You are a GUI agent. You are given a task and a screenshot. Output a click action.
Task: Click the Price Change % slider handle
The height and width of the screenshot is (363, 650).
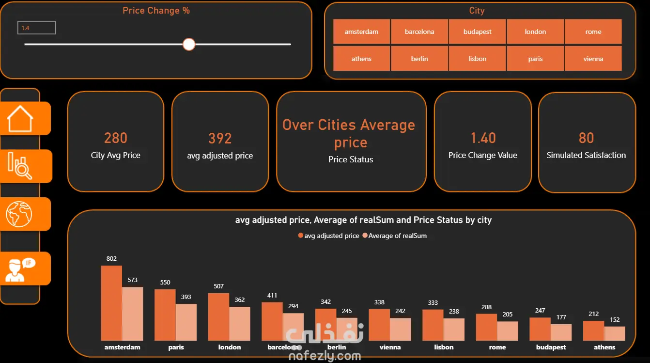(x=189, y=45)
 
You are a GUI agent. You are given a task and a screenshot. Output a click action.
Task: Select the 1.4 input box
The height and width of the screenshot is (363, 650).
(x=36, y=28)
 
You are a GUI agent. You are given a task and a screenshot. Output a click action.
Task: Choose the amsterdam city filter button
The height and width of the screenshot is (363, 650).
(x=361, y=32)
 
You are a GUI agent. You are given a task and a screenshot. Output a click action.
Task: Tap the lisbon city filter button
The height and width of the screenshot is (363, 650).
(x=478, y=59)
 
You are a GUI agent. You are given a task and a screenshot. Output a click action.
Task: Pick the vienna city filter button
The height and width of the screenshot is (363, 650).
(x=593, y=59)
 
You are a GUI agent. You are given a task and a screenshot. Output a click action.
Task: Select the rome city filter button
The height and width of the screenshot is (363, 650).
(x=593, y=32)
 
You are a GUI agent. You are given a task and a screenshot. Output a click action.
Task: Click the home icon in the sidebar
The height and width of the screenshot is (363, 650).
(x=20, y=118)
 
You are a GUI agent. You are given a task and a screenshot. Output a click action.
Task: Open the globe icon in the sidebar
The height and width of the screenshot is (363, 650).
(x=19, y=214)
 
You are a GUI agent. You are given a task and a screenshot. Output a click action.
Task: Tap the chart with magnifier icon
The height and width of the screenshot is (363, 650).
(x=20, y=166)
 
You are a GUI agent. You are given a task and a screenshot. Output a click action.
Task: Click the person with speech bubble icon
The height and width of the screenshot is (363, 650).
(x=20, y=269)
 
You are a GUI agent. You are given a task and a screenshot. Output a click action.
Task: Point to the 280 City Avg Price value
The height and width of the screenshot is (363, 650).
(x=115, y=138)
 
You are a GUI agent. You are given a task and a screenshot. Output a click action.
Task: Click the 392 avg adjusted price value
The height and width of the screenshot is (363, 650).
(x=220, y=138)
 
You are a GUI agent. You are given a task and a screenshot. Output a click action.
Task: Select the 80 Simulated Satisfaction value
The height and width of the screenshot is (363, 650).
(x=586, y=138)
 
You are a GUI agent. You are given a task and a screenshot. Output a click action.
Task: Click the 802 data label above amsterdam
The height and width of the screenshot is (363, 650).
(x=111, y=258)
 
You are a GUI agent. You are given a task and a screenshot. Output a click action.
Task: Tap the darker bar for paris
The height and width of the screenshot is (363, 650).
(x=165, y=315)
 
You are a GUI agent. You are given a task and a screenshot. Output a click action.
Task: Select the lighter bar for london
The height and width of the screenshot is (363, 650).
(x=240, y=324)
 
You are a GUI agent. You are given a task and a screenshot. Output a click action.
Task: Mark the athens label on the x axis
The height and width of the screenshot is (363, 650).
(x=604, y=347)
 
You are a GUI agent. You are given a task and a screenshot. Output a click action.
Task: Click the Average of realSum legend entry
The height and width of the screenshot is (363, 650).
(x=395, y=236)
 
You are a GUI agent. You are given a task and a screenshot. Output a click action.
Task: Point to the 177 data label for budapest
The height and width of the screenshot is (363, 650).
(x=561, y=317)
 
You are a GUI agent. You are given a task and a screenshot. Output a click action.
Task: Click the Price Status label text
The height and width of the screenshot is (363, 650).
(x=351, y=159)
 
